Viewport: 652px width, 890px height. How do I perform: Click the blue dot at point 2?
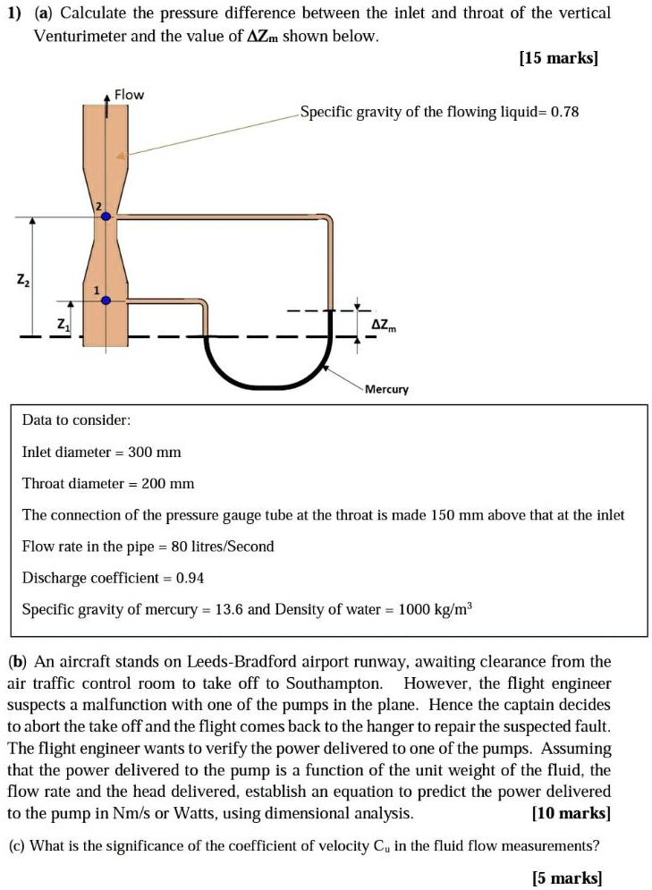[x=106, y=216]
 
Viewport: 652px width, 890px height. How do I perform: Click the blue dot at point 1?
[x=106, y=301]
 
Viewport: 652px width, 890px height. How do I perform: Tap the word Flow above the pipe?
[x=130, y=95]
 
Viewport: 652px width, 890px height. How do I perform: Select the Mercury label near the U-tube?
[x=386, y=389]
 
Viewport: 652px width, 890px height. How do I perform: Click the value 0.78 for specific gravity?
[x=565, y=113]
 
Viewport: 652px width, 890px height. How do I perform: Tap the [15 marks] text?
[x=558, y=58]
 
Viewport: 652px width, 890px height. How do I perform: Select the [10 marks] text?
[x=571, y=813]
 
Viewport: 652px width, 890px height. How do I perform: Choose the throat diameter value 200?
[x=155, y=484]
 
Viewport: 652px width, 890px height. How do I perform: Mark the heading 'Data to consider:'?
[x=77, y=420]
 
